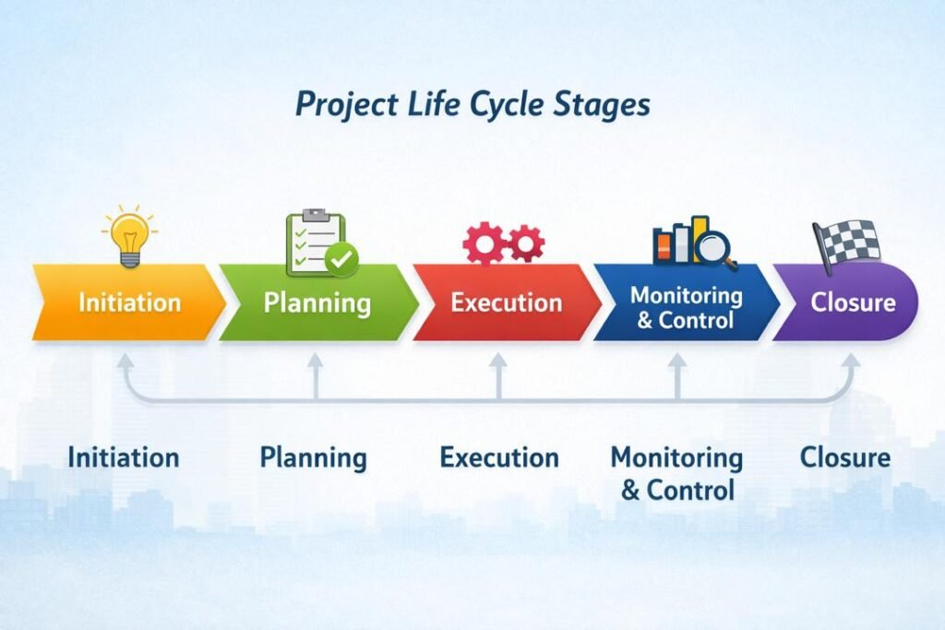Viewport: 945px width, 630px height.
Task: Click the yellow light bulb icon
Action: click(128, 236)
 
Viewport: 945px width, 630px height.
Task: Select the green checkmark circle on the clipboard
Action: click(341, 259)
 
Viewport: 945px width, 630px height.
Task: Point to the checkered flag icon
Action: click(844, 242)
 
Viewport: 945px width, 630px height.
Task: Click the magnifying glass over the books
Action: click(716, 247)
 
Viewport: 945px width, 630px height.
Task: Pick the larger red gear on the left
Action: click(484, 244)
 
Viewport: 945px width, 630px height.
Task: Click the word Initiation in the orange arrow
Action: click(129, 303)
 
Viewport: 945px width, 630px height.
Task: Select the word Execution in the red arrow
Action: click(506, 303)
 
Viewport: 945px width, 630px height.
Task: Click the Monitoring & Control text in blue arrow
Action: click(686, 308)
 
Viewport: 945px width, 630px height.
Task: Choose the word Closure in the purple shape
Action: click(853, 303)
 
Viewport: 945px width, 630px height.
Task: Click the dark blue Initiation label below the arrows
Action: click(123, 457)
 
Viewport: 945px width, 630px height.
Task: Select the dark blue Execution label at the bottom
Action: click(498, 457)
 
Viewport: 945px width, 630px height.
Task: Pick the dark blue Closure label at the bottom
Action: click(844, 457)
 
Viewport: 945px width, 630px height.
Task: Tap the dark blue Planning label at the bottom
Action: click(313, 457)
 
